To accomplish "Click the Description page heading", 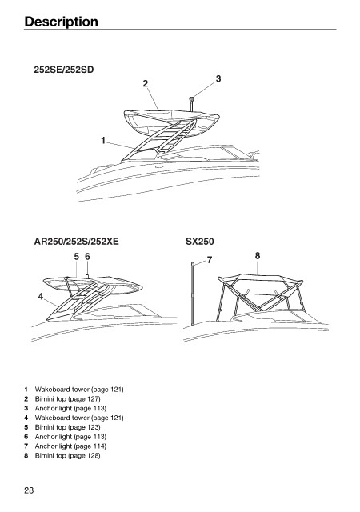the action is (61, 22).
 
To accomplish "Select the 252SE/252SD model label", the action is (64, 70).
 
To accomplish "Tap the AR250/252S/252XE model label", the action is (77, 242).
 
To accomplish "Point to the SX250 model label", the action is (200, 242).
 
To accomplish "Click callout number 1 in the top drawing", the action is (103, 141).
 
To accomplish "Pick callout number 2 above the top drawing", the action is (146, 83).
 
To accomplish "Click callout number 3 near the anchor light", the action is (218, 78).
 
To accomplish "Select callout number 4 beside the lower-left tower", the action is (41, 297).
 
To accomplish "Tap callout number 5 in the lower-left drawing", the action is (77, 257).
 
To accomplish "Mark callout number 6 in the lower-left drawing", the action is (87, 257).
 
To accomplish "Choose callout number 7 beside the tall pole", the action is (210, 260).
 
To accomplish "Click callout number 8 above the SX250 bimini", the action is (258, 256).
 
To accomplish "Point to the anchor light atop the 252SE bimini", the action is (190, 104).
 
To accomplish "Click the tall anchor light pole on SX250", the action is (193, 294).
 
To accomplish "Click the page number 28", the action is (29, 490).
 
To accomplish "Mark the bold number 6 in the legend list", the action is (26, 437).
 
